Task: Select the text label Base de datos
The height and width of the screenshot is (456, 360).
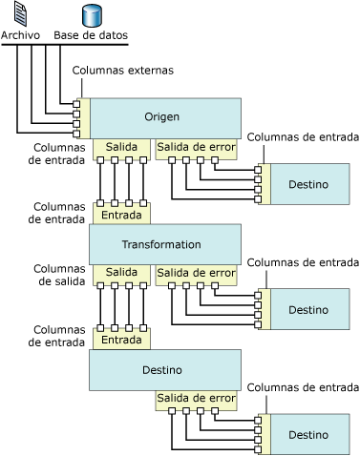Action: click(x=91, y=36)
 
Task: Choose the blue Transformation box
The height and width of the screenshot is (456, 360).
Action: click(x=162, y=244)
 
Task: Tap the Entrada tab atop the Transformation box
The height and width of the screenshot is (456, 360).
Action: click(x=121, y=214)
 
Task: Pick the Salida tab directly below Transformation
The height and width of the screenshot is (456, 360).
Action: click(x=121, y=273)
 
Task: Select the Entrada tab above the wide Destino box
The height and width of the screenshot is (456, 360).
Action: click(x=121, y=339)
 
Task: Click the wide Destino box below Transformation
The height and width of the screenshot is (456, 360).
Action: click(x=162, y=370)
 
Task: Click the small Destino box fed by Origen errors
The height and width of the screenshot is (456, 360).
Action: click(x=307, y=184)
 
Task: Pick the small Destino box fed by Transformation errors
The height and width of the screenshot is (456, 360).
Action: click(x=307, y=309)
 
